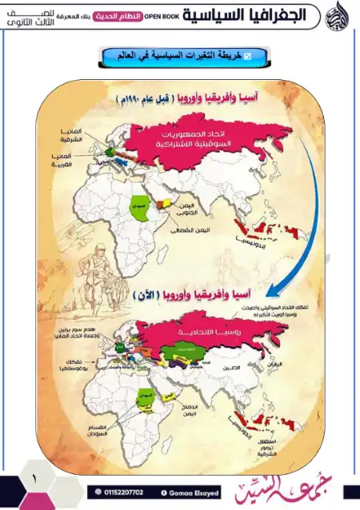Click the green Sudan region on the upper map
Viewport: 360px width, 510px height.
point(140,206)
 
